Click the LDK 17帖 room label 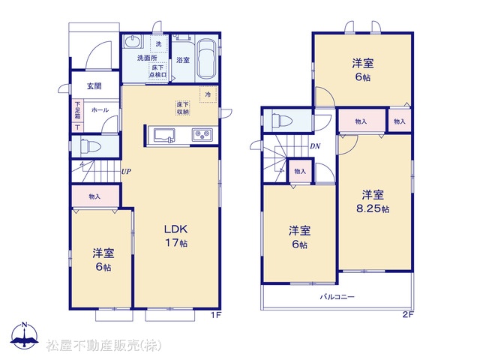[176, 235]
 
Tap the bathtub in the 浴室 [206, 58]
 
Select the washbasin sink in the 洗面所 [133, 41]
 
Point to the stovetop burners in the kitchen [202, 135]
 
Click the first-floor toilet [91, 146]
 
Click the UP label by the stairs [126, 172]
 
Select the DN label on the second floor [315, 146]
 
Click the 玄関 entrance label [94, 86]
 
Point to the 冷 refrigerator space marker [208, 94]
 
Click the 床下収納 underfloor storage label [183, 108]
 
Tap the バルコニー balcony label [337, 297]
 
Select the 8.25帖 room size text [373, 208]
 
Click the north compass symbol [25, 336]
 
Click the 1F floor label [216, 315]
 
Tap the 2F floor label [408, 315]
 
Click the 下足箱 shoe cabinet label [78, 110]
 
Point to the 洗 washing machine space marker [158, 44]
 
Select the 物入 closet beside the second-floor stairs [300, 172]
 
